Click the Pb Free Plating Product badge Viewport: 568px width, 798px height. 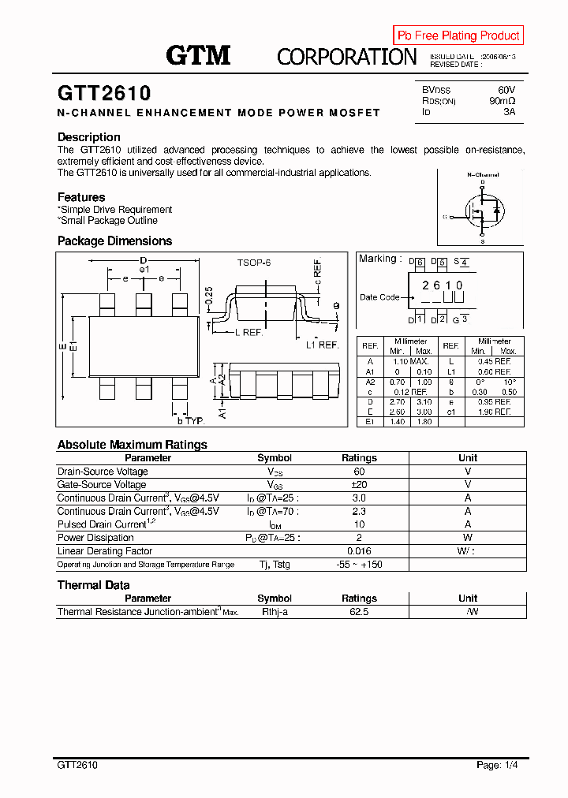(x=458, y=35)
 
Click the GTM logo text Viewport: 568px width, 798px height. (x=198, y=55)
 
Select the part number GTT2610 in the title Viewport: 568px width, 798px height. (x=104, y=94)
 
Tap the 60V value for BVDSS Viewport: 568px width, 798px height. (x=506, y=90)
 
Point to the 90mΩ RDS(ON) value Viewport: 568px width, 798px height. (x=502, y=101)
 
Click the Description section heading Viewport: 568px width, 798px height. (x=89, y=137)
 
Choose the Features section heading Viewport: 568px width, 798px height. (x=81, y=197)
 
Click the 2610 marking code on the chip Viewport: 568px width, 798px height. (x=443, y=285)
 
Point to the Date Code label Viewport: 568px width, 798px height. (x=379, y=297)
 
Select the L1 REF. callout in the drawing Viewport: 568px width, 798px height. (x=322, y=345)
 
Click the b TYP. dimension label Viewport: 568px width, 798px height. (x=187, y=421)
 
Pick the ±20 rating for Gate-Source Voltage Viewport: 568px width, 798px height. (x=359, y=485)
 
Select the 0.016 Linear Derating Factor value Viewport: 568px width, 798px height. (x=359, y=551)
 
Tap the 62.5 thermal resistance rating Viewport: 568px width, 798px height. (x=359, y=612)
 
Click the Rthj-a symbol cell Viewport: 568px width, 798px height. (x=275, y=612)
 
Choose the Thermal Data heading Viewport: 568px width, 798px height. (x=94, y=585)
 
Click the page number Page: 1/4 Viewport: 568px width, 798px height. (x=498, y=765)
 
